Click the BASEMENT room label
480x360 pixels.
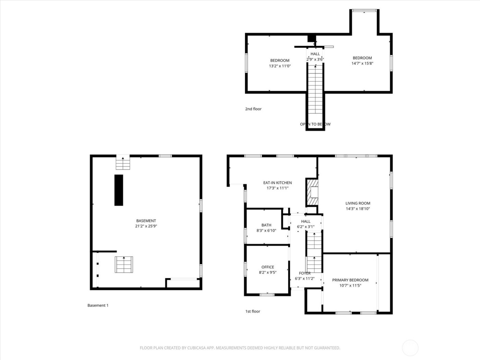tap(146, 221)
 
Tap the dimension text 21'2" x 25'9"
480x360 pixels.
tap(146, 226)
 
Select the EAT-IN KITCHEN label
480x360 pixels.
tap(277, 183)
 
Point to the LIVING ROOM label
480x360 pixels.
tap(358, 203)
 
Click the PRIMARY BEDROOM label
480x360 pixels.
tap(350, 280)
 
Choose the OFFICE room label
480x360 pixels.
tap(268, 267)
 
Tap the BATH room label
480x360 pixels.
tap(266, 225)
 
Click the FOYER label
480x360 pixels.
tap(305, 273)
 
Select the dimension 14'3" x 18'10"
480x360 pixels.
tap(358, 209)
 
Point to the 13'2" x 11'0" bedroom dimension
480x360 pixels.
tap(280, 66)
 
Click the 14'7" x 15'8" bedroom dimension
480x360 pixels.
tap(362, 63)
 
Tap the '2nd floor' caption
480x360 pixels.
tap(253, 109)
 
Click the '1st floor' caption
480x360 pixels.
tap(253, 311)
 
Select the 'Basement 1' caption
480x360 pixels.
tap(98, 305)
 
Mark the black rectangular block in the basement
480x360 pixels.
tap(119, 190)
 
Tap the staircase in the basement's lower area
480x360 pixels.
tap(124, 265)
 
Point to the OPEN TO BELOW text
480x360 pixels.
tap(315, 124)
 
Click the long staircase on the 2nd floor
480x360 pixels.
tap(315, 89)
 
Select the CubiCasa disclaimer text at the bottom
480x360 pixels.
tap(240, 348)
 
